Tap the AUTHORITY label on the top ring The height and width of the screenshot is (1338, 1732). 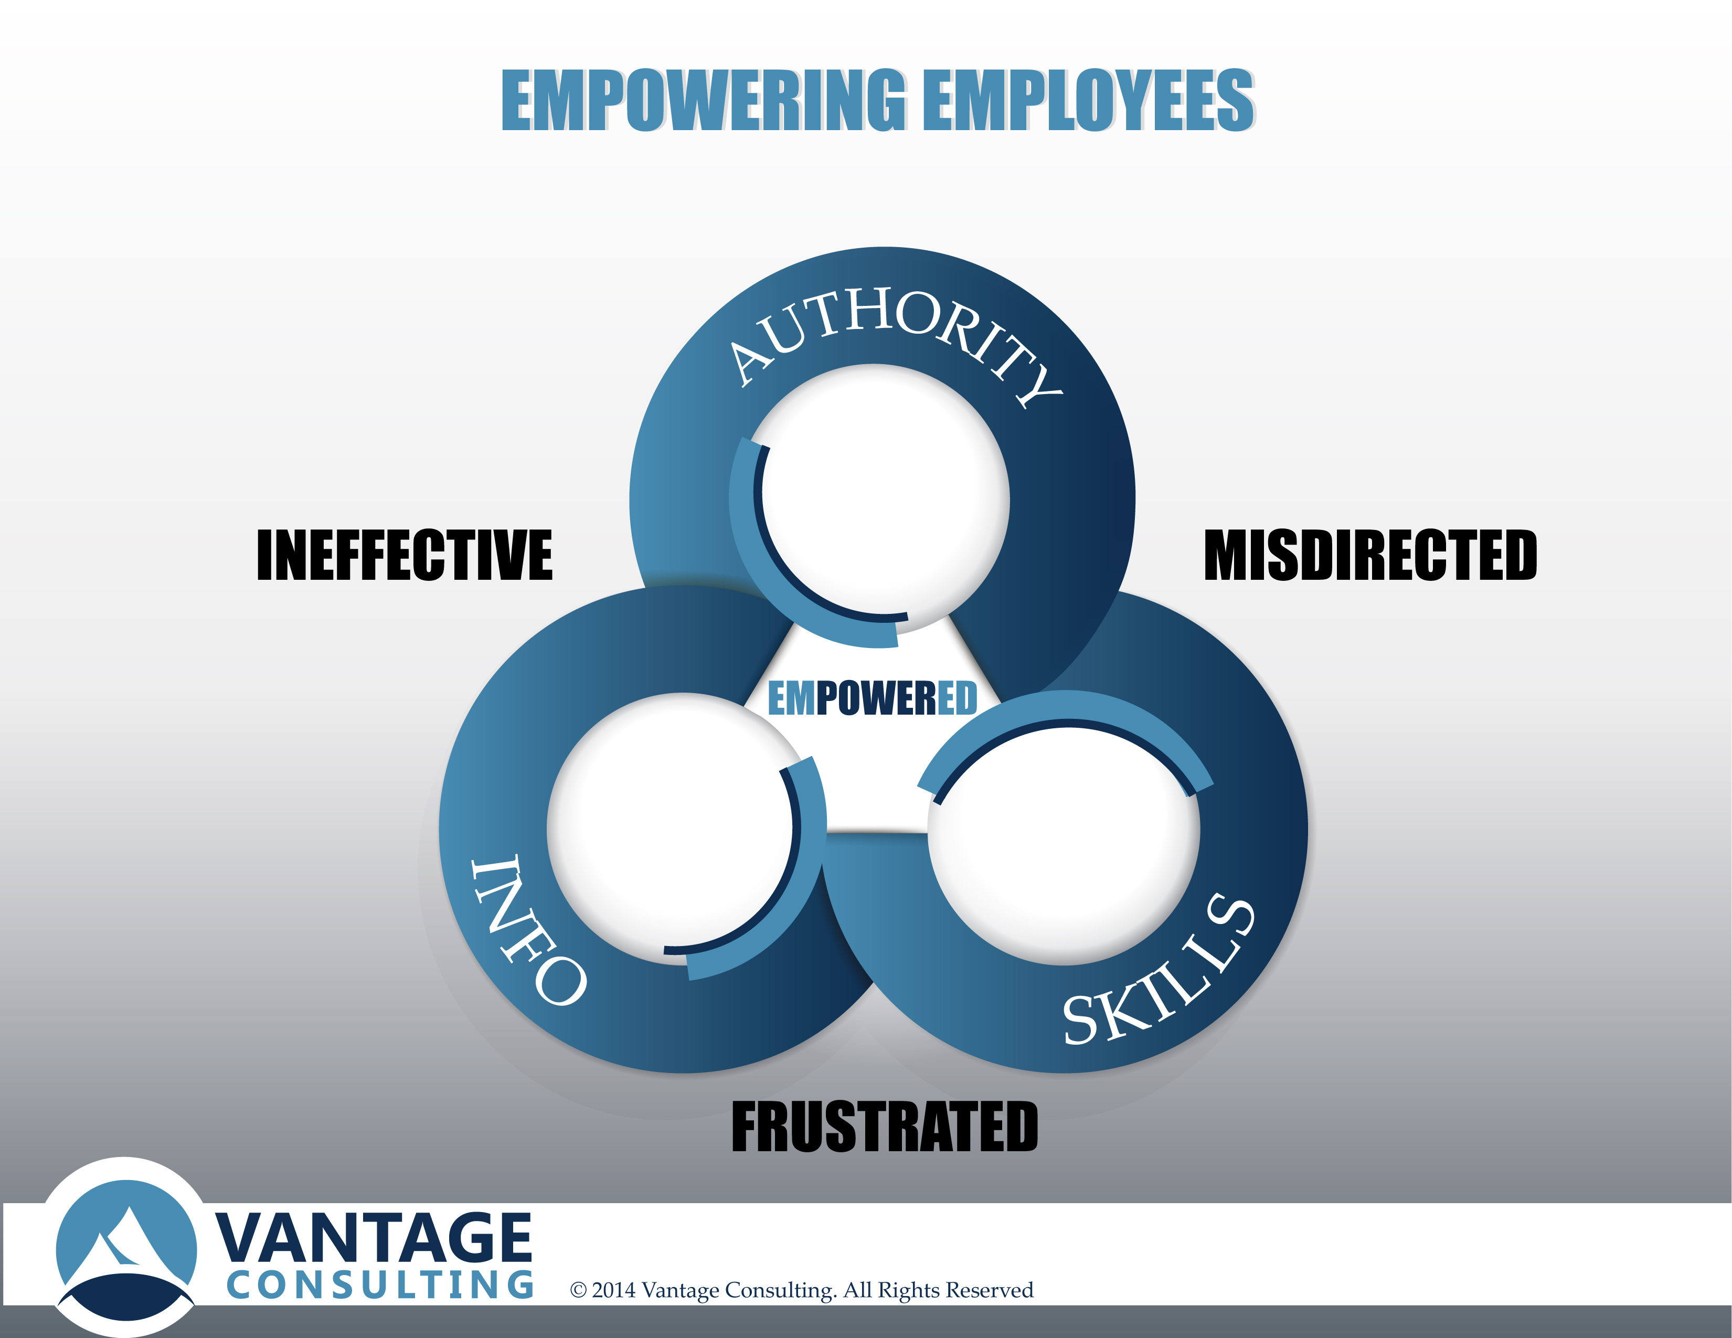(895, 341)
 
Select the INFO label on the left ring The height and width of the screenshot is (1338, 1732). (527, 930)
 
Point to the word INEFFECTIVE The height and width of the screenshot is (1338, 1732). (405, 555)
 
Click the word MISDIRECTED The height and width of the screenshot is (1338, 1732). (1370, 555)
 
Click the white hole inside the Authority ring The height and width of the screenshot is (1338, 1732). (880, 500)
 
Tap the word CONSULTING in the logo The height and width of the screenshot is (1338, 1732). (380, 1285)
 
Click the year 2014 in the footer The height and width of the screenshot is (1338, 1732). (614, 1290)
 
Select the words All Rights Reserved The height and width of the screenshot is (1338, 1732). (938, 1290)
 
